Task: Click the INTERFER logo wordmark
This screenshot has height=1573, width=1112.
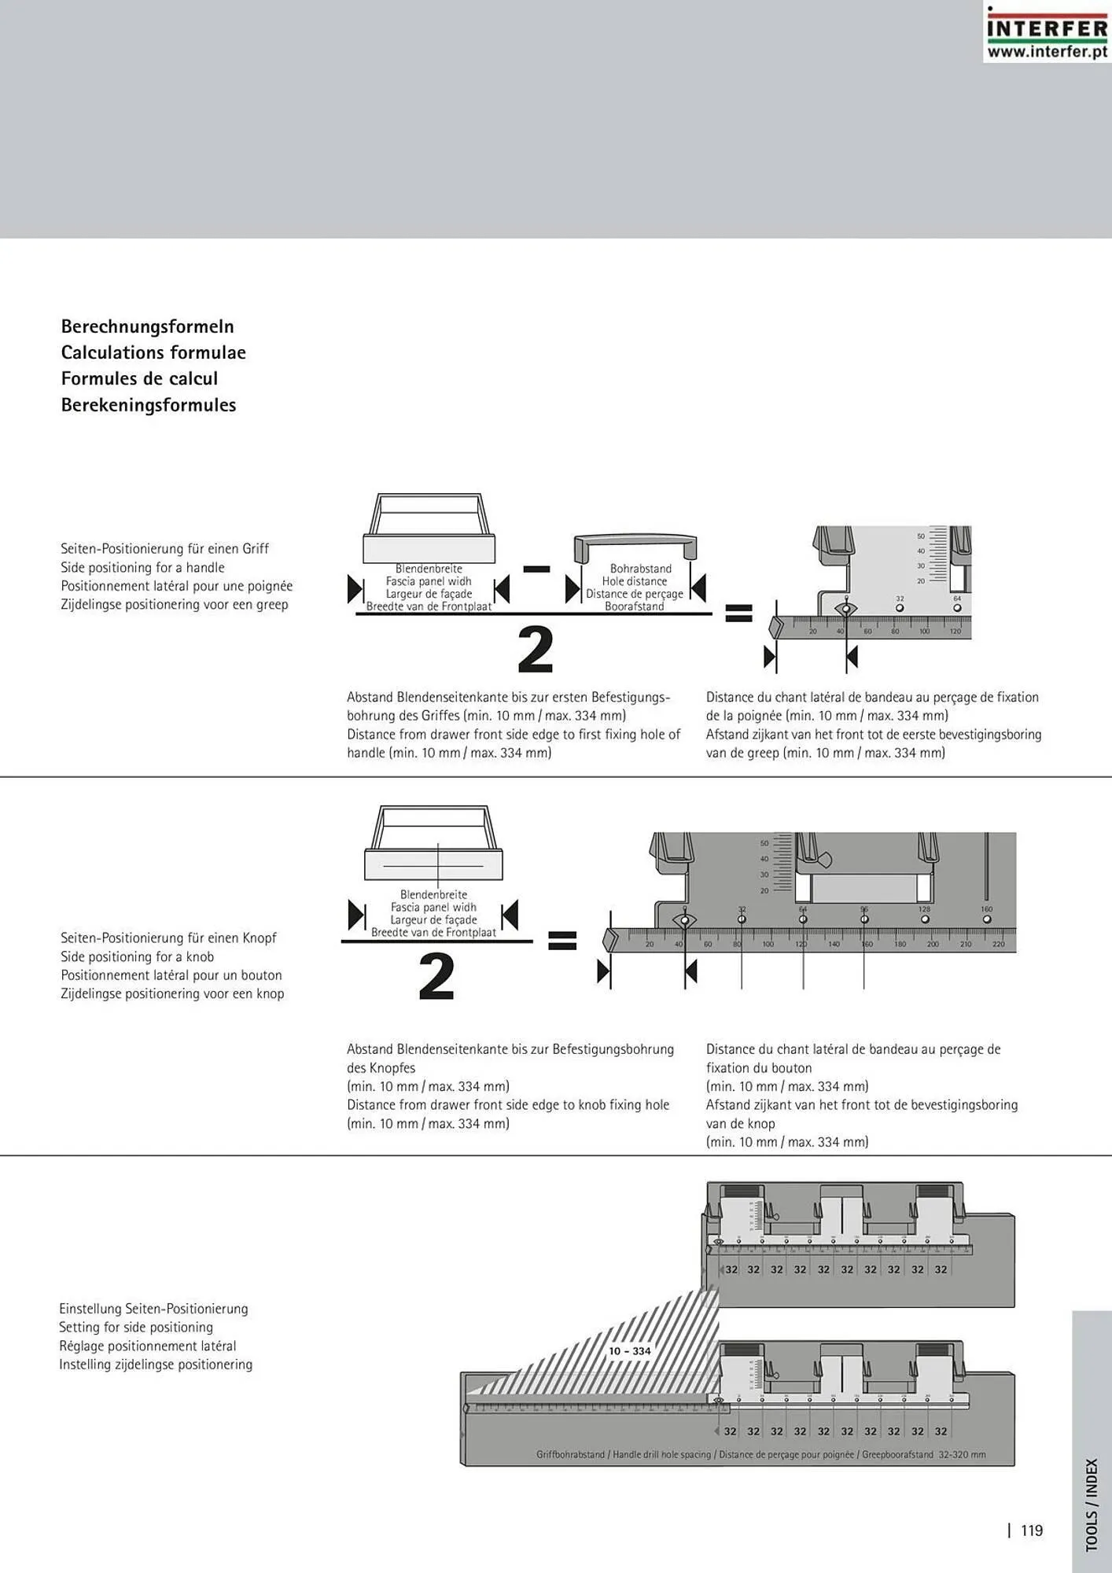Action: coord(1047,28)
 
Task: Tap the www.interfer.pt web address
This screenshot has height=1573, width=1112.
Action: coord(1047,52)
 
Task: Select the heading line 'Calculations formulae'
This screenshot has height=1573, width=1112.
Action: coord(153,352)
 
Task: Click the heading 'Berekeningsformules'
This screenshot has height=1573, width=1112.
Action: coord(149,405)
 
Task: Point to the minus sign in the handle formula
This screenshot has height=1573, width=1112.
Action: coord(536,569)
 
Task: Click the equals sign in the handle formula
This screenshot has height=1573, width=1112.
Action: coord(738,613)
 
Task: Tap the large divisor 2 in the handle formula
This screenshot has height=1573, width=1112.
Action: coord(536,650)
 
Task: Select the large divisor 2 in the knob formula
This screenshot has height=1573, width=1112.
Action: coord(436,977)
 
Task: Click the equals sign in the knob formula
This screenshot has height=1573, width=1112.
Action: coord(562,940)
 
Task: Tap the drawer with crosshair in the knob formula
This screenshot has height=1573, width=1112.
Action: coord(433,843)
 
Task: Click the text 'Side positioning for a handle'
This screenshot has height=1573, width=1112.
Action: coord(142,568)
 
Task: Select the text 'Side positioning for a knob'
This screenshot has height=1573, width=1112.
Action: coord(137,956)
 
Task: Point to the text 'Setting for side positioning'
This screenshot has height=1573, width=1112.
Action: coord(136,1328)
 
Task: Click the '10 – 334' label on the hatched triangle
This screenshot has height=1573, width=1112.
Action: coord(630,1351)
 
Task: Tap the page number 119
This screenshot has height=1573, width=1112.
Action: coord(1032,1531)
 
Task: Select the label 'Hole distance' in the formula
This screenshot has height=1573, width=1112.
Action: coord(635,581)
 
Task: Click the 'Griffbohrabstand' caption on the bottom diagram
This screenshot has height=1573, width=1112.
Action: coord(571,1455)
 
